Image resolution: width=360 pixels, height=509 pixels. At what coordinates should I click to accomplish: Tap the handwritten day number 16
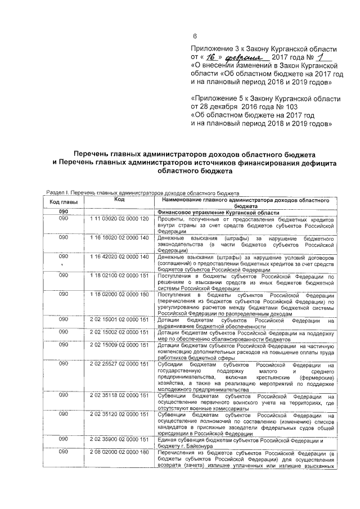pos(211,57)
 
